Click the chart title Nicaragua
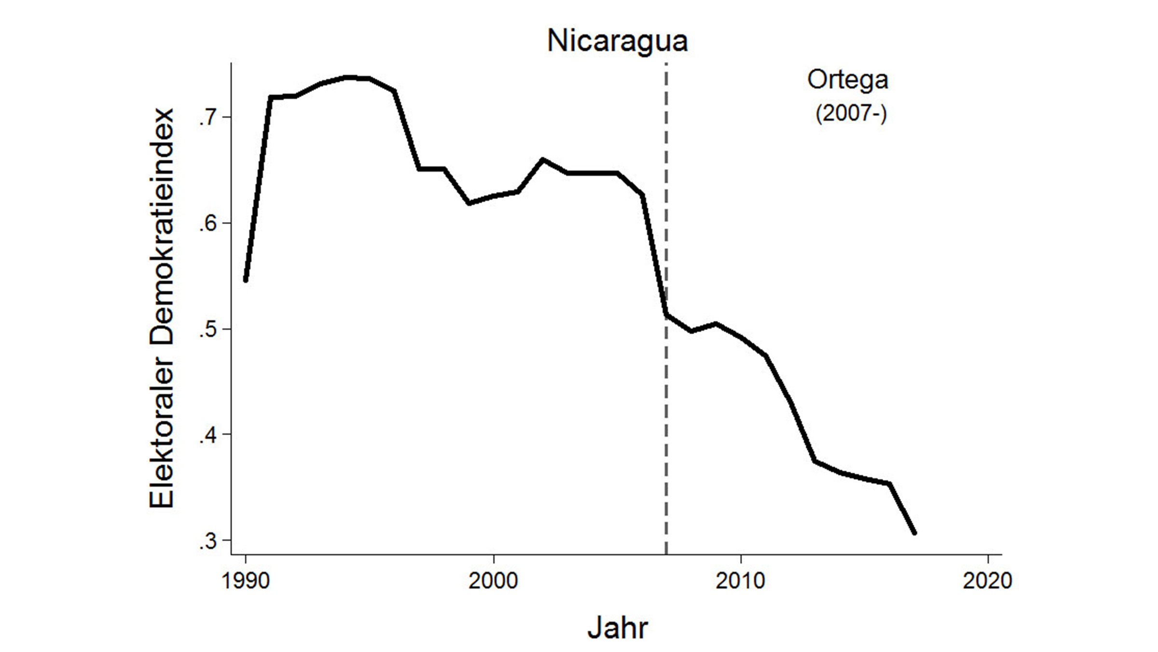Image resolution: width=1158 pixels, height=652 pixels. pyautogui.click(x=617, y=41)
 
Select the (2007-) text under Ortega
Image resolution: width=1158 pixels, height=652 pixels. pyautogui.click(x=851, y=113)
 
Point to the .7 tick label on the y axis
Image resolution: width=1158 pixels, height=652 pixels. pyautogui.click(x=208, y=117)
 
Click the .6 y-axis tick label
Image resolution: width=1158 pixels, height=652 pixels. pyautogui.click(x=208, y=224)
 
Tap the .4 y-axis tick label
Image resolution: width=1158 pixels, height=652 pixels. pyautogui.click(x=208, y=435)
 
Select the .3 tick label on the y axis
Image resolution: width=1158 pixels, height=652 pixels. pyautogui.click(x=208, y=541)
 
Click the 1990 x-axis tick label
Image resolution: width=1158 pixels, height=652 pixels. pyautogui.click(x=246, y=580)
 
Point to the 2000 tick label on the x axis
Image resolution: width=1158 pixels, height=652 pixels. pyautogui.click(x=493, y=580)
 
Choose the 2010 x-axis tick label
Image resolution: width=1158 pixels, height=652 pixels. pyautogui.click(x=740, y=580)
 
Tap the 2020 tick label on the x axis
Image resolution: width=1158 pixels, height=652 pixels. pyautogui.click(x=987, y=580)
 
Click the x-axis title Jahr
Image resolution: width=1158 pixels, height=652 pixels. pyautogui.click(x=617, y=627)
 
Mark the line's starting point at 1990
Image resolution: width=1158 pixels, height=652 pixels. pyautogui.click(x=246, y=280)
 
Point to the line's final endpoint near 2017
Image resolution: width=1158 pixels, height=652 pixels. pyautogui.click(x=914, y=533)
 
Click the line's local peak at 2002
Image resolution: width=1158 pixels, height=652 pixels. pyautogui.click(x=542, y=159)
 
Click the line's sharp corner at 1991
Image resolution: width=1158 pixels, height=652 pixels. pyautogui.click(x=270, y=98)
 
